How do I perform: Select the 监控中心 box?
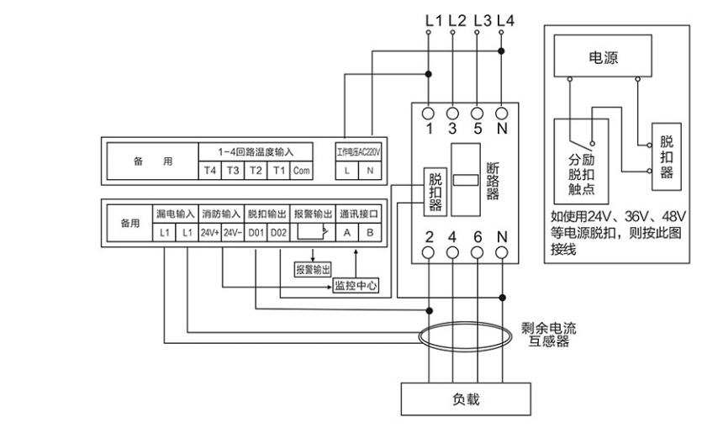(x=356, y=286)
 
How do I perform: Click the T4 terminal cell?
(x=210, y=171)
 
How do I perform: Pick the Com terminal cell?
(x=302, y=171)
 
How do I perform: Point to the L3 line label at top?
(x=483, y=19)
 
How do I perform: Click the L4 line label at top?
(x=504, y=19)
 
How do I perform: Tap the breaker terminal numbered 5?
(x=478, y=129)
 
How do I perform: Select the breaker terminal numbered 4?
(x=452, y=236)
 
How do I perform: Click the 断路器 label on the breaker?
(x=493, y=181)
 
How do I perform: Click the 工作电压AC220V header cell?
(x=359, y=151)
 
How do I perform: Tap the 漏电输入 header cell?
(x=175, y=214)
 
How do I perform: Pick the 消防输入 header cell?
(x=221, y=214)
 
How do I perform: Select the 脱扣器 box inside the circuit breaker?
(x=435, y=192)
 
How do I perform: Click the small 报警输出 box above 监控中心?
(x=313, y=269)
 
